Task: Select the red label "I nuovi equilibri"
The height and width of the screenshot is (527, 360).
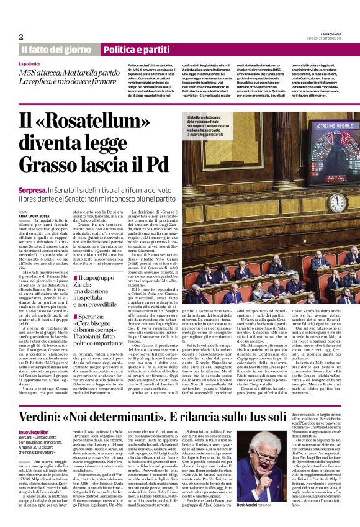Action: coord(34,415)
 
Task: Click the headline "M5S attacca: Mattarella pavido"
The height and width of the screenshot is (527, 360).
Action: coord(67,73)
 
